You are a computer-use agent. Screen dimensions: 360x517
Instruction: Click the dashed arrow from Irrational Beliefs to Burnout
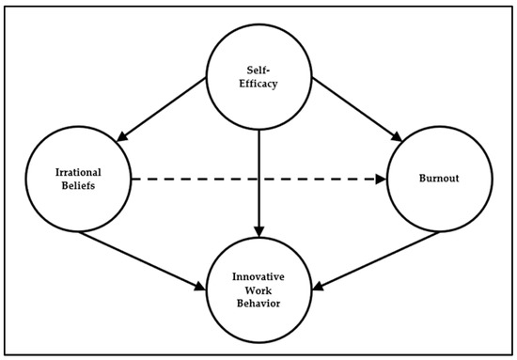[x=254, y=178]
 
